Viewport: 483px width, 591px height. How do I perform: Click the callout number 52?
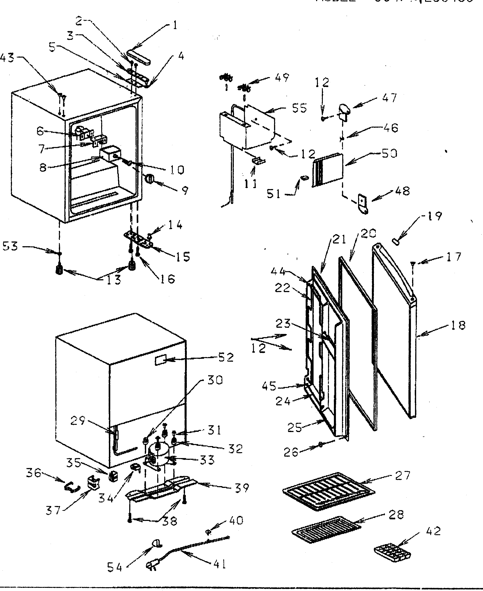pos(226,358)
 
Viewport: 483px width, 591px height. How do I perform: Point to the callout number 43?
pos(7,58)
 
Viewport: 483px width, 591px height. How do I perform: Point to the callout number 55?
pos(299,108)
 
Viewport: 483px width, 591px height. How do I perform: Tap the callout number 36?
pos(33,473)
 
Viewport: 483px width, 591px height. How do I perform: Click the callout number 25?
pos(294,427)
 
